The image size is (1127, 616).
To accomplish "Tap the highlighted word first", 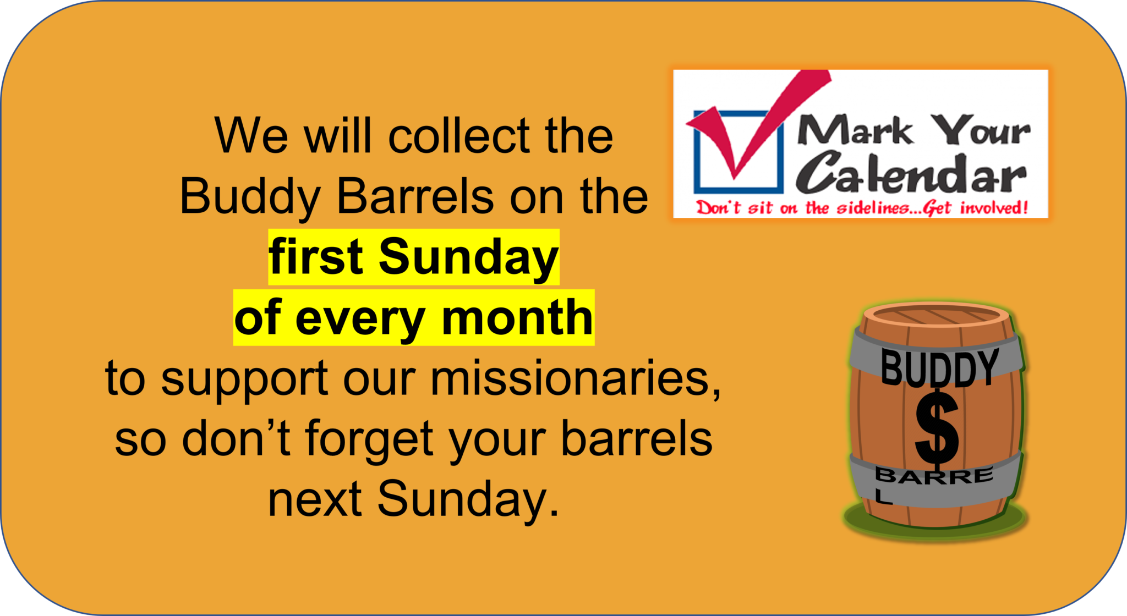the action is (x=316, y=256).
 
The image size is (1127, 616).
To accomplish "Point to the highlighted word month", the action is (x=517, y=317).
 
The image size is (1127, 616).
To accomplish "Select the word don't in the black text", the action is (x=236, y=438).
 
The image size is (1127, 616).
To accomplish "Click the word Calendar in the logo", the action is (x=911, y=174).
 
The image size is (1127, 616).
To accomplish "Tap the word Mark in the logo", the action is (x=855, y=131).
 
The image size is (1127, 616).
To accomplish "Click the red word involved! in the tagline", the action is (x=994, y=208).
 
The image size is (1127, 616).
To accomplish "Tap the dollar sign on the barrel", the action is (x=937, y=428).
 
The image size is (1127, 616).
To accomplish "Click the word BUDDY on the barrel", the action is (x=939, y=367).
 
